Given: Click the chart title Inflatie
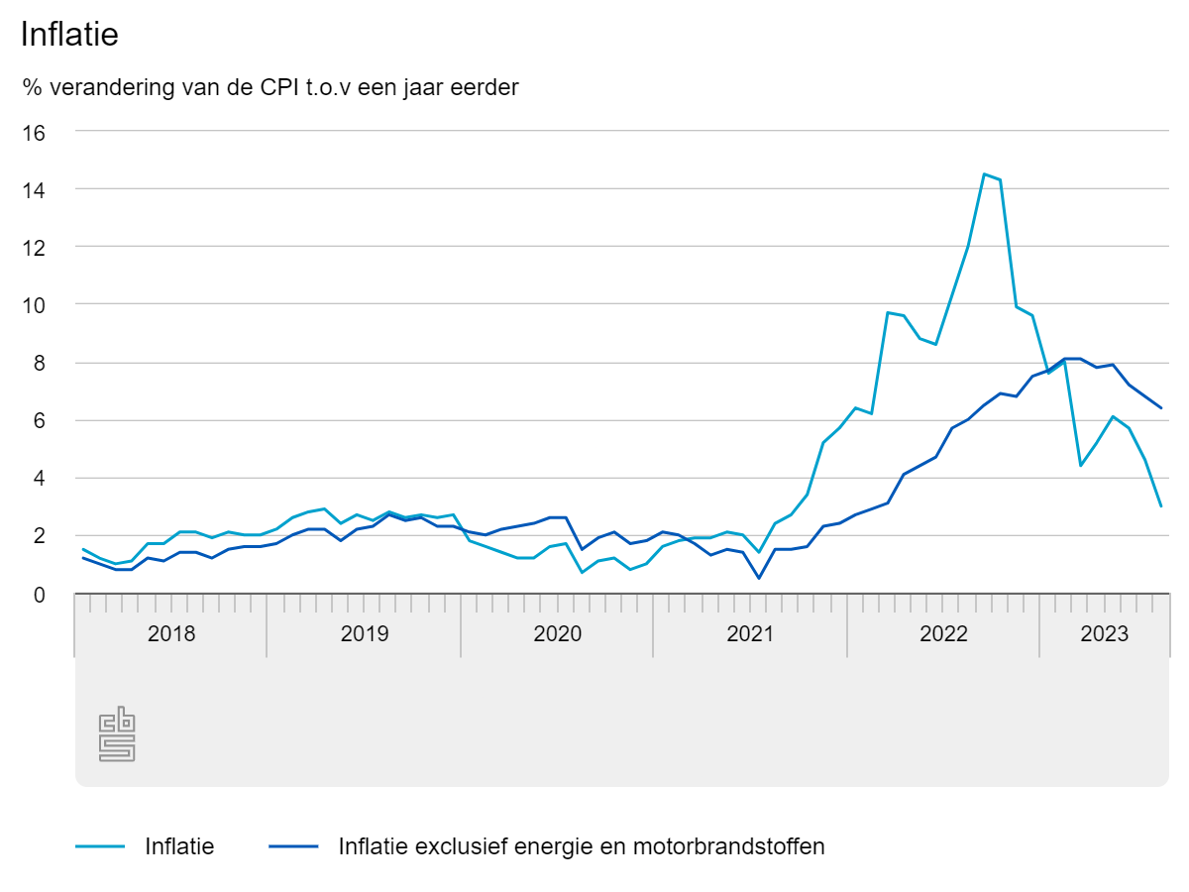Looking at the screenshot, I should (x=69, y=35).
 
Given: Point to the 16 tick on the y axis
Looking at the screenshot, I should (x=34, y=132).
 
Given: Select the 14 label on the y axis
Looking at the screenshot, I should (x=34, y=189).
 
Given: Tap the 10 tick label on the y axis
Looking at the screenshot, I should (x=34, y=305).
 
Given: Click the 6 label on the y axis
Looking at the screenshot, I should (x=40, y=420).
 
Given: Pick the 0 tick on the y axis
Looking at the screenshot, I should (x=40, y=594).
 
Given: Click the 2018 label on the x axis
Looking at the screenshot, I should (x=171, y=634).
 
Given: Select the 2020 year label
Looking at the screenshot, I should (x=557, y=634).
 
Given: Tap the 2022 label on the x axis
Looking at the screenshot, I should (x=943, y=634).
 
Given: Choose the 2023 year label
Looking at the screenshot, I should (x=1104, y=634).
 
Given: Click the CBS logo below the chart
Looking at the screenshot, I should (x=117, y=734).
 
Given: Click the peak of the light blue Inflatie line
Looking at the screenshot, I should (x=984, y=174).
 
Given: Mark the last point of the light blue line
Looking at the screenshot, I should (x=1160, y=506).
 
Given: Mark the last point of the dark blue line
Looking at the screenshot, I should (x=1160, y=407).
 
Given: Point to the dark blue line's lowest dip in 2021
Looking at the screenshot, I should (x=759, y=578).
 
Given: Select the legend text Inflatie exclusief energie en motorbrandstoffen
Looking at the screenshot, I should (x=582, y=847).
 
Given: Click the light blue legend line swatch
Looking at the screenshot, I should (x=100, y=847).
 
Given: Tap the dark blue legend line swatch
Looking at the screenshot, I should (x=292, y=847).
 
